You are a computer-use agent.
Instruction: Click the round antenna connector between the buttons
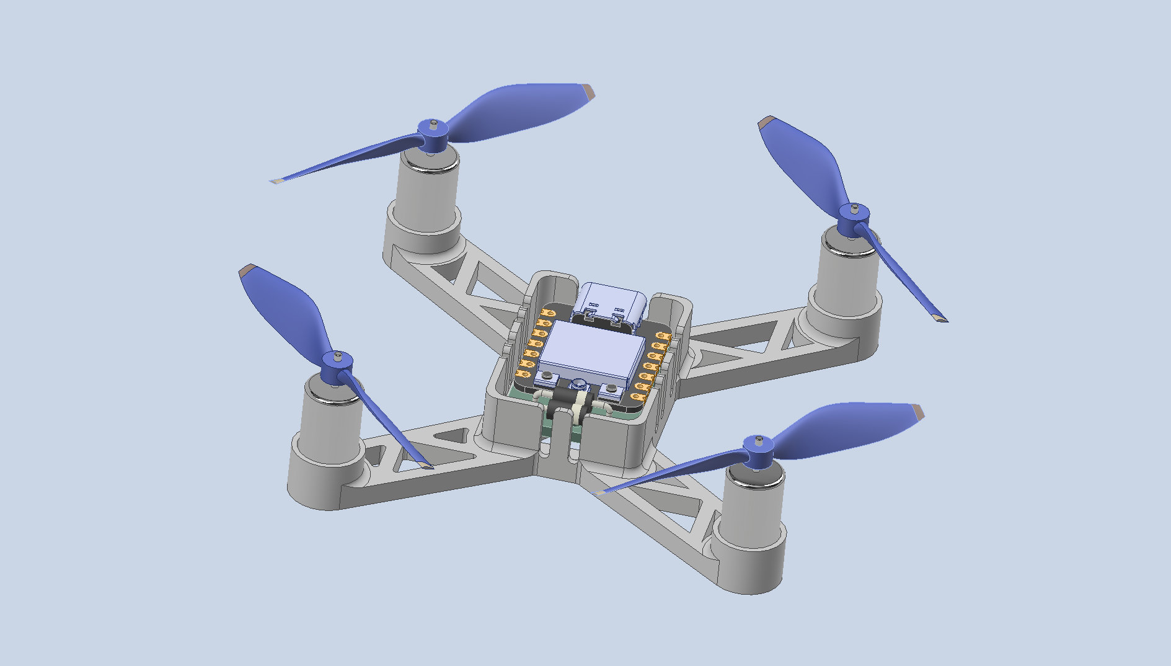point(579,385)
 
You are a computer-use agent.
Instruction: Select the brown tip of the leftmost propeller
point(249,270)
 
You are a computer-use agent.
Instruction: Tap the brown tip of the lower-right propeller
point(917,412)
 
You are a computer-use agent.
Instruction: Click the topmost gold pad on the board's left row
point(547,313)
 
